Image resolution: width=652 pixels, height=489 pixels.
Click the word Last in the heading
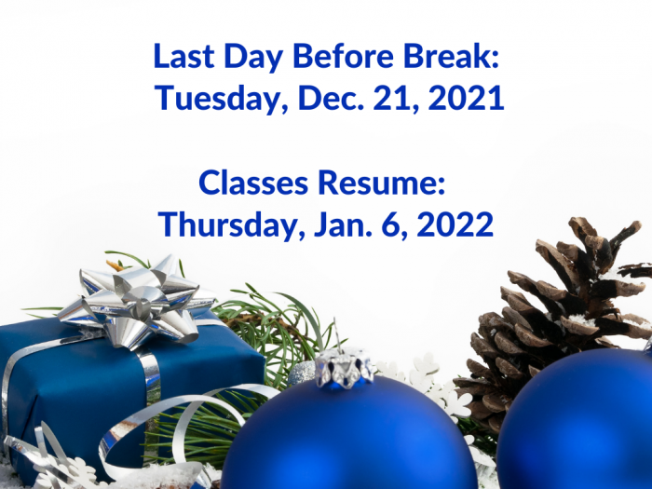tap(183, 56)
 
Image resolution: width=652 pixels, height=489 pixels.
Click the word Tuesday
tap(222, 99)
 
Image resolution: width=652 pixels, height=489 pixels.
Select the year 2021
tap(466, 98)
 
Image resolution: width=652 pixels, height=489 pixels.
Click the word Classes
tap(253, 183)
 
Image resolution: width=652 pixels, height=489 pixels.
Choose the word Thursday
tap(228, 225)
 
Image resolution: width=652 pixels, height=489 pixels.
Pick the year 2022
tap(455, 224)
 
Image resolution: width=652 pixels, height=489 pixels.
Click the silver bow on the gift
tap(137, 302)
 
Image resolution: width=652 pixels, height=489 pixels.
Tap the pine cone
tap(557, 316)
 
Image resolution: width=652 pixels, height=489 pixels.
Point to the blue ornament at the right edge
tap(578, 420)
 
